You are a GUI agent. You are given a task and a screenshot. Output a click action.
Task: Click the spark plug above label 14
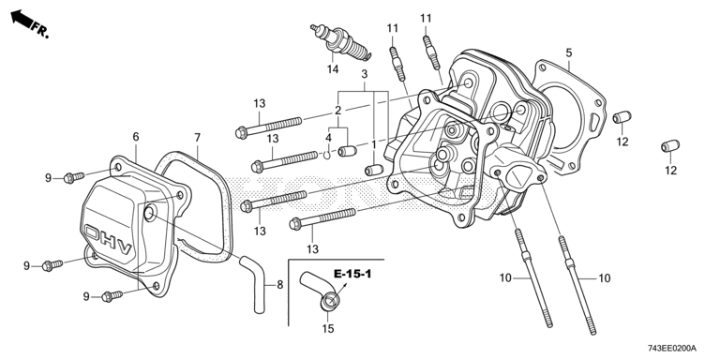[341, 43]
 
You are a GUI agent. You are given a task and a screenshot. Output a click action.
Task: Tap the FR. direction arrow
[22, 20]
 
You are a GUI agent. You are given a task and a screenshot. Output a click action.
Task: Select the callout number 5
[569, 52]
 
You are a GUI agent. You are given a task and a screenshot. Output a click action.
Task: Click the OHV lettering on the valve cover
[109, 240]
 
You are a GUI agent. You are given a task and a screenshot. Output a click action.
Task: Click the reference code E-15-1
[352, 275]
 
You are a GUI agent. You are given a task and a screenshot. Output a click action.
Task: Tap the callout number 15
[328, 329]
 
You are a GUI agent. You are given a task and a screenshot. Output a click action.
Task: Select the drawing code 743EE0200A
[672, 348]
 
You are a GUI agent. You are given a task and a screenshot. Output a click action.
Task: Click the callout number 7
[198, 137]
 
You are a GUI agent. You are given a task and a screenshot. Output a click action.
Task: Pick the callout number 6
[135, 136]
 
